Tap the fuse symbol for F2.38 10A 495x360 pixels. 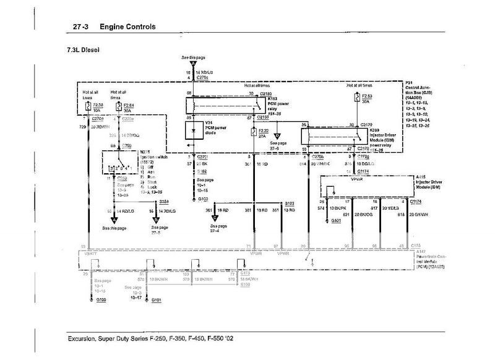(88, 106)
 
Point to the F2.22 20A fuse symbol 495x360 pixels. (252, 132)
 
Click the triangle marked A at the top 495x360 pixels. (194, 64)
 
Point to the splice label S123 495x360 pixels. (290, 202)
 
